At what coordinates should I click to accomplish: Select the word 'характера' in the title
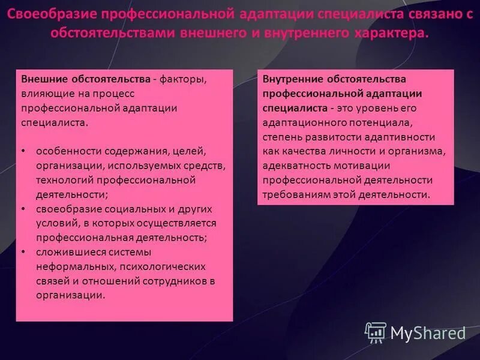[398, 33]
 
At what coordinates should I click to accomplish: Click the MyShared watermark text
[428, 333]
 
